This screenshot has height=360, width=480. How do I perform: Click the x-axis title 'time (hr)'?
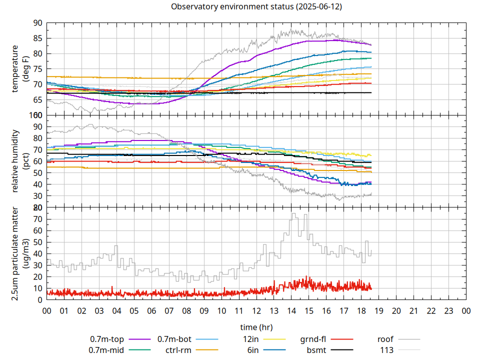click(x=256, y=327)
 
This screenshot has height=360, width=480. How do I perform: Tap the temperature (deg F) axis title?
click(x=20, y=69)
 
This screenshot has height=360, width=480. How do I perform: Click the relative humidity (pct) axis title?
click(x=20, y=161)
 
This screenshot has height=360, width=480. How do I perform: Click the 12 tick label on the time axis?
click(x=256, y=310)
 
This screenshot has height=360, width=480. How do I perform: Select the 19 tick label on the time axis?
click(x=378, y=310)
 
